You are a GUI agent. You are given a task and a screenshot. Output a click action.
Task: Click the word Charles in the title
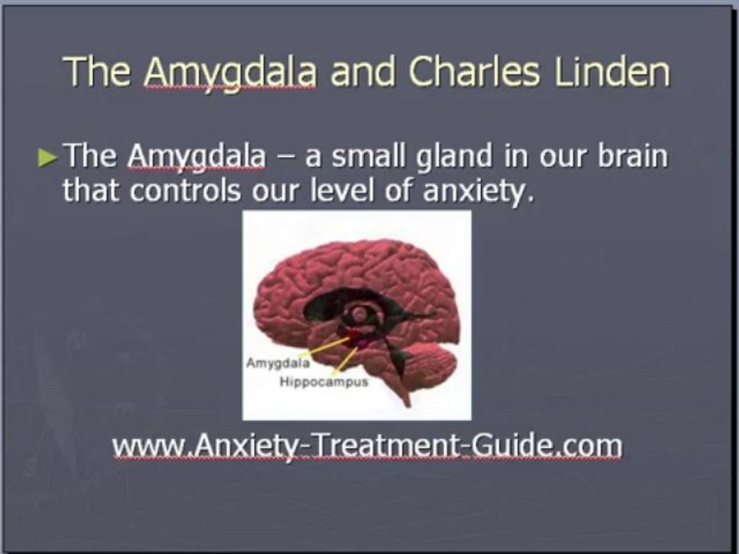pyautogui.click(x=474, y=72)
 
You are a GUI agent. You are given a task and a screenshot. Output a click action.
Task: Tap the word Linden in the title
pyautogui.click(x=612, y=72)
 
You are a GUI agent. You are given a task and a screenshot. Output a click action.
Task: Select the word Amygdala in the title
pyautogui.click(x=230, y=74)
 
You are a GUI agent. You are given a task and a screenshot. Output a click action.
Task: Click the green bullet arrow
pyautogui.click(x=48, y=158)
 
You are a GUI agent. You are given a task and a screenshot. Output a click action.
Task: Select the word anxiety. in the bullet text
pyautogui.click(x=479, y=192)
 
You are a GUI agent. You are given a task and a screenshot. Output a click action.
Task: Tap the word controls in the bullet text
pyautogui.click(x=186, y=190)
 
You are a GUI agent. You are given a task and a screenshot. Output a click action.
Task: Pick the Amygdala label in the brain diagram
pyautogui.click(x=278, y=363)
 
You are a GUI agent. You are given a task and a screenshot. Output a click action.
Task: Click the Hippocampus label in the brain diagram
pyautogui.click(x=324, y=382)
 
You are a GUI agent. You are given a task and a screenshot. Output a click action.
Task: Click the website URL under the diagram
pyautogui.click(x=368, y=446)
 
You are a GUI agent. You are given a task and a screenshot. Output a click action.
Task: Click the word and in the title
pyautogui.click(x=363, y=72)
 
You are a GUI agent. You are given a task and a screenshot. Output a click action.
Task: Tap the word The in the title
pyautogui.click(x=97, y=72)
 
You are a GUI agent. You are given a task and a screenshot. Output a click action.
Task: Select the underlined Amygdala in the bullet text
pyautogui.click(x=196, y=157)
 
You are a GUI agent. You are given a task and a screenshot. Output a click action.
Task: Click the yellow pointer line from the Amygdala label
pyautogui.click(x=326, y=346)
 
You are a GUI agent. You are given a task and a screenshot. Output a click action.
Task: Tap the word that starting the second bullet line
pyautogui.click(x=92, y=190)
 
